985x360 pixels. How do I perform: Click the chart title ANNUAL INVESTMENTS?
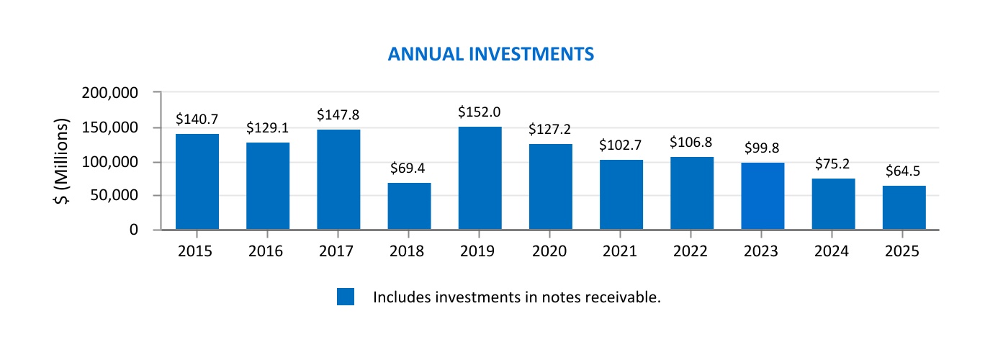point(490,55)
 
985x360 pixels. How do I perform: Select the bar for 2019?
point(480,179)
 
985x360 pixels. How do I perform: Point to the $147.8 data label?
point(338,114)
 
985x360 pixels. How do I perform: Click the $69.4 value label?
point(409,168)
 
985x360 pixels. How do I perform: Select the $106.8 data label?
point(691,142)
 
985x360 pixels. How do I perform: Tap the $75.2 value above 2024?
point(833,163)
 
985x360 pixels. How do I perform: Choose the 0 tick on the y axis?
point(133,230)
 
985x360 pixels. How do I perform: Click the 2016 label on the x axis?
point(267,251)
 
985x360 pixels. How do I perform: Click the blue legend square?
point(346,297)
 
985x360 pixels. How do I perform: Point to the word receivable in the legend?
point(624,297)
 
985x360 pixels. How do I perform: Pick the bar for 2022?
point(691,193)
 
